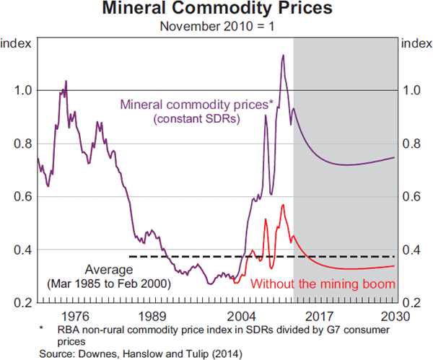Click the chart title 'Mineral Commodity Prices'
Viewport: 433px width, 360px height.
click(x=216, y=10)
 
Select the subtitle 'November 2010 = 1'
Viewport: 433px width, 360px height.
click(x=216, y=27)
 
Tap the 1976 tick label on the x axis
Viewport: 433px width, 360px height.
click(x=75, y=316)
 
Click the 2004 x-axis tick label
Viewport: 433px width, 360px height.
click(x=241, y=316)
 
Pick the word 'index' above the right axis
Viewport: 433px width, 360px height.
click(x=416, y=43)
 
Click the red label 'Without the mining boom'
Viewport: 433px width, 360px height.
click(x=323, y=284)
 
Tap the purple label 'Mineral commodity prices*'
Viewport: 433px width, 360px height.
click(x=197, y=104)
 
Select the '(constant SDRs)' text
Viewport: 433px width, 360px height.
click(x=197, y=118)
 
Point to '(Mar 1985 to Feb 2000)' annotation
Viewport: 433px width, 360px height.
click(x=108, y=284)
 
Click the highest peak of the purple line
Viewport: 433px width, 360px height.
click(x=283, y=55)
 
